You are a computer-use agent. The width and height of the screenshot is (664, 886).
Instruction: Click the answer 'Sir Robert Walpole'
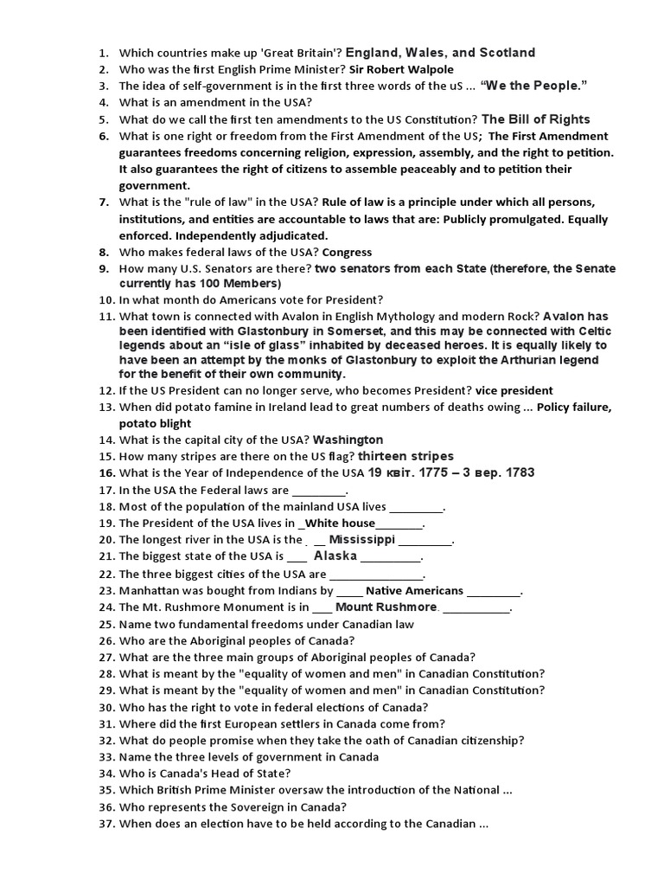coord(401,69)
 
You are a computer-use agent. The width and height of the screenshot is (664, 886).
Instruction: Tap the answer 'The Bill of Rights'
coord(535,119)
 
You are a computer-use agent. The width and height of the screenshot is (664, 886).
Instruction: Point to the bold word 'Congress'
coord(347,252)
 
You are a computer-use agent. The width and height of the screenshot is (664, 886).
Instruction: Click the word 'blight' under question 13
coord(175,423)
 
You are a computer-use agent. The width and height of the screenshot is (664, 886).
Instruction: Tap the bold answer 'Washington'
coord(348,440)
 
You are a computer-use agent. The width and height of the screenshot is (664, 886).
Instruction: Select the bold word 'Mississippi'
coord(355,539)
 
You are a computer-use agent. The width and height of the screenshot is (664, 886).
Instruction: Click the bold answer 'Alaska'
coord(335,556)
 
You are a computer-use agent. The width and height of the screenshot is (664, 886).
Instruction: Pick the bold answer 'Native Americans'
coord(414,591)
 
